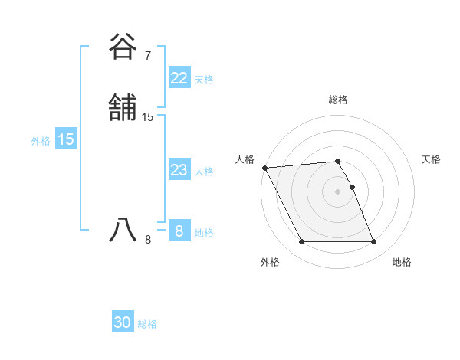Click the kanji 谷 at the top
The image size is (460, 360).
[123, 47]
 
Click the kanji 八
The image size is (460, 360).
[123, 230]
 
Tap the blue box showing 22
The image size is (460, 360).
[179, 78]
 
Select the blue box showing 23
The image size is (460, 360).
[179, 170]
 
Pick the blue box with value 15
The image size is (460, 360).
[66, 139]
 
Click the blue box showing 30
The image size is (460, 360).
[123, 322]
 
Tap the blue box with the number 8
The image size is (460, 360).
[179, 231]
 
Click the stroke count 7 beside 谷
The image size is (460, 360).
[148, 56]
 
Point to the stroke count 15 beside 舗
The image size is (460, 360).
[148, 117]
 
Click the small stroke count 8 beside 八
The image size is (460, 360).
[148, 240]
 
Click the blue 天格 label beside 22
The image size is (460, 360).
[204, 80]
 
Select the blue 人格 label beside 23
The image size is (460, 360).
[204, 172]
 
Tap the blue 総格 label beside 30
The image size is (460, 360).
[147, 324]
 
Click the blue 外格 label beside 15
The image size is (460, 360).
[41, 141]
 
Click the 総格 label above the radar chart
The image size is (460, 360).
[338, 100]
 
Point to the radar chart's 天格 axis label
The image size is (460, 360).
[431, 159]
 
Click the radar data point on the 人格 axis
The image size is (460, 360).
[264, 168]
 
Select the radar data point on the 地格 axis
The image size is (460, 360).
[373, 242]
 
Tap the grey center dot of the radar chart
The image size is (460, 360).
[338, 191]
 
